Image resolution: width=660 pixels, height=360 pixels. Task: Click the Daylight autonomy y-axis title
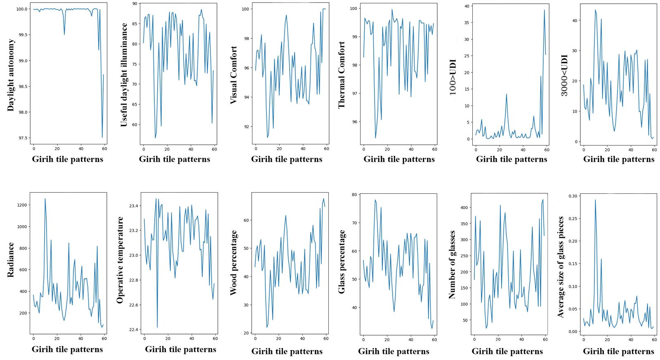pos(11,75)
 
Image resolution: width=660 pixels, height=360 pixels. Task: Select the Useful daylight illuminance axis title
pos(124,75)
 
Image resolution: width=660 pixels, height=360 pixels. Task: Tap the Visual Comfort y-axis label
pos(233,75)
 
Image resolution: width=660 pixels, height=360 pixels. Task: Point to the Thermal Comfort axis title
pos(342,75)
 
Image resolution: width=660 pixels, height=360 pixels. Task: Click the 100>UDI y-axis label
pos(453,77)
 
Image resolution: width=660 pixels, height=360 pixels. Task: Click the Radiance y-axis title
pos(11,259)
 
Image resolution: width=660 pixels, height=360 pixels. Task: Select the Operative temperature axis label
pos(120,260)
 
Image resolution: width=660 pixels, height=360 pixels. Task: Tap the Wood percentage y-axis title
pos(233,263)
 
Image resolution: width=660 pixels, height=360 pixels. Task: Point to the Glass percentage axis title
pos(342,262)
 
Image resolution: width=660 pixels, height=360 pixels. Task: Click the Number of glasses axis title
pos(452,264)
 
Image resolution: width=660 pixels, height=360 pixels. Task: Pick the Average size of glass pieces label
pos(561,267)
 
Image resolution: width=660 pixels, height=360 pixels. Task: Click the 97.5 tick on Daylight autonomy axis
pos(22,138)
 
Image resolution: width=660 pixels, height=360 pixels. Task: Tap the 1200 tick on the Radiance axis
pos(22,205)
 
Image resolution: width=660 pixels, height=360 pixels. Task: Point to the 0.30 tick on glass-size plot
pos(573,196)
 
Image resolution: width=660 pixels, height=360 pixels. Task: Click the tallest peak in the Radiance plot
pos(45,199)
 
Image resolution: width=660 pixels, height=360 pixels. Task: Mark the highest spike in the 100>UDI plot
pos(544,10)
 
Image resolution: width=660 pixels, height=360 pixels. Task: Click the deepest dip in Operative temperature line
pos(157,327)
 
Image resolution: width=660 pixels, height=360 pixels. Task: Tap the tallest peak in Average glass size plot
pos(595,200)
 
